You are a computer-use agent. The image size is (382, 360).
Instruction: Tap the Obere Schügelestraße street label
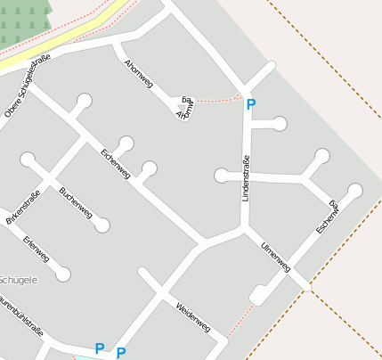click(x=28, y=86)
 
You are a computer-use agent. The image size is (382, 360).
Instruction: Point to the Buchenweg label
click(x=76, y=202)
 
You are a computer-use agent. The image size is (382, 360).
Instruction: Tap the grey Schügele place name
click(x=18, y=280)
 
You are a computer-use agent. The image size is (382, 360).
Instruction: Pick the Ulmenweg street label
click(x=275, y=257)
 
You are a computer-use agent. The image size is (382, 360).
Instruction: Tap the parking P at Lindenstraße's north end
click(x=250, y=105)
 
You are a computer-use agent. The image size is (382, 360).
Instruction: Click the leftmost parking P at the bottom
click(x=100, y=348)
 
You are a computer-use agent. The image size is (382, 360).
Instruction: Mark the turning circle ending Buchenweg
click(x=102, y=225)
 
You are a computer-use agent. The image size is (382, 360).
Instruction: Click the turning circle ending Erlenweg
click(x=63, y=274)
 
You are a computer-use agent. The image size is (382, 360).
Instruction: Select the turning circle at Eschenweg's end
click(x=355, y=190)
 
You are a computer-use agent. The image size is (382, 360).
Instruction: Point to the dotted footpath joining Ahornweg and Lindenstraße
click(x=216, y=98)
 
